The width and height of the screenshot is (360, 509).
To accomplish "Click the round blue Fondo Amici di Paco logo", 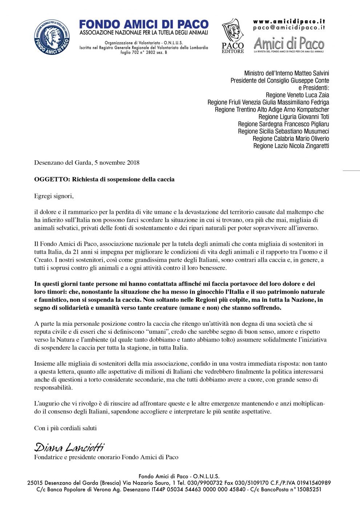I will coord(52,37).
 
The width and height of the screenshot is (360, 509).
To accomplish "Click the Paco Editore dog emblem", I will coord(233,31).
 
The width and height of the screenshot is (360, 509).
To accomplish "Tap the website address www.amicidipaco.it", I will coord(289,21).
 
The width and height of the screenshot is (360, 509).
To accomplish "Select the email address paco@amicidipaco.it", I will coord(289,28).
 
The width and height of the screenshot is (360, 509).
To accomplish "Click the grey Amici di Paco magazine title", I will coord(289,44).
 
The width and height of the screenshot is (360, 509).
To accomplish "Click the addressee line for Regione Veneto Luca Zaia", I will coord(297,95).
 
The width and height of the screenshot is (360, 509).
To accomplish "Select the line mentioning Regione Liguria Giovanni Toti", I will coord(293,117).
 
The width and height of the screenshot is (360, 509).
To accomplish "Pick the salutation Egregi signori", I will coord(54,196).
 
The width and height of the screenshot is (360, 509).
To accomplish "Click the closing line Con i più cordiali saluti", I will coord(65,428).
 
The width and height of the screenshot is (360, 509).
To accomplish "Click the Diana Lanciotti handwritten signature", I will coord(69,447).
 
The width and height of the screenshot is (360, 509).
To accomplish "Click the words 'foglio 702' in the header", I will coord(130,52).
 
